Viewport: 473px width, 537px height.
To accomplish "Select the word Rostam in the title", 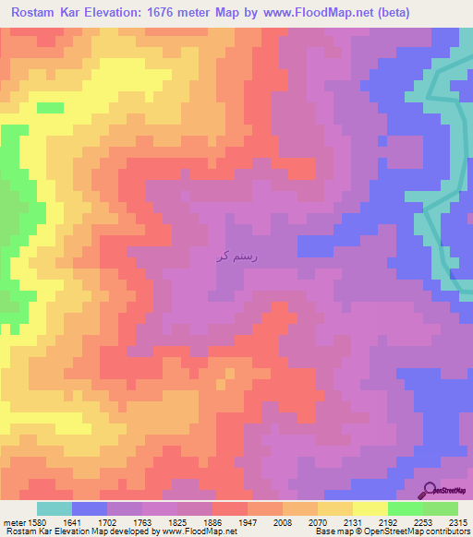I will (38, 12).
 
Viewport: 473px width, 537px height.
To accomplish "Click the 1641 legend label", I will (87, 521).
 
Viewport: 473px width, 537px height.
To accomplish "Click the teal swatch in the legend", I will (54, 508).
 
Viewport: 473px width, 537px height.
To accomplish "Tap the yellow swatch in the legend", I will (370, 508).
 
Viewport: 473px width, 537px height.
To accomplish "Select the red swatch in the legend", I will (229, 508).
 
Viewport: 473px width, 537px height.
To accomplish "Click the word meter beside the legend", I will (15, 521).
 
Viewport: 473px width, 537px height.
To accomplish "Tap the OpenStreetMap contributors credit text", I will (416, 532).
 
